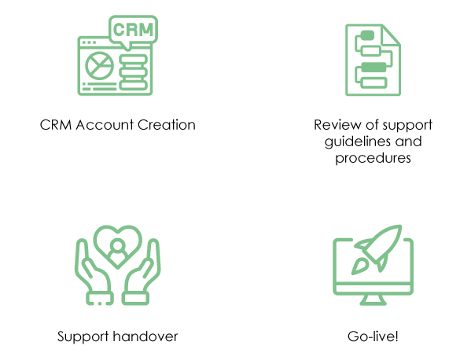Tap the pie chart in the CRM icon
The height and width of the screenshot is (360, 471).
click(x=99, y=65)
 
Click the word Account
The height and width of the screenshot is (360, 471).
click(x=105, y=125)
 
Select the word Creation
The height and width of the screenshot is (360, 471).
click(x=167, y=125)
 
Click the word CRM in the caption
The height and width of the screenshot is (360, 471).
click(x=56, y=125)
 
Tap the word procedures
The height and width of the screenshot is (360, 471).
click(x=373, y=158)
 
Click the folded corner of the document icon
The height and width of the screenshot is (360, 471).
click(x=391, y=35)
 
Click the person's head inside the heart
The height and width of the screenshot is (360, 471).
click(x=117, y=245)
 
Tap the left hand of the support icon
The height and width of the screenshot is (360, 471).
click(x=94, y=272)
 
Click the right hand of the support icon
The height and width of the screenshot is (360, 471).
click(x=142, y=272)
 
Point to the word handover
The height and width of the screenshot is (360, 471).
click(x=145, y=336)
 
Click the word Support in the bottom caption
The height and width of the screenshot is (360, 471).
click(x=83, y=337)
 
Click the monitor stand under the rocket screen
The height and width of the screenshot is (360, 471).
click(x=373, y=299)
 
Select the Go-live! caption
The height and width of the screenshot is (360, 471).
click(x=373, y=336)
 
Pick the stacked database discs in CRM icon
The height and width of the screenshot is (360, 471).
click(x=134, y=72)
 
